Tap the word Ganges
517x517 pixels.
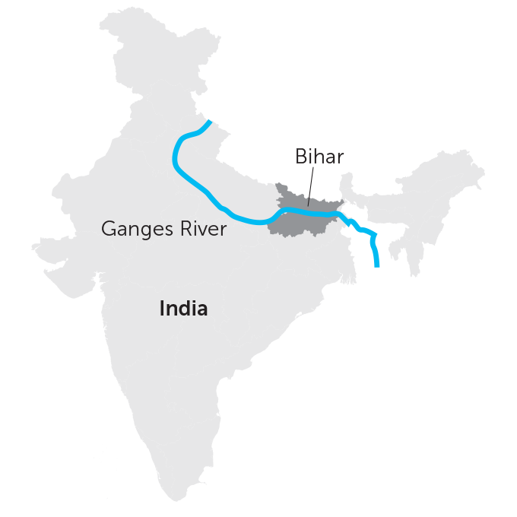(x=135, y=229)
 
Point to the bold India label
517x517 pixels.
(x=183, y=309)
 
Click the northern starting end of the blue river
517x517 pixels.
(x=209, y=122)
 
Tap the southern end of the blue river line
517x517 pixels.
(x=378, y=265)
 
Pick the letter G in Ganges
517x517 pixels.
(x=109, y=229)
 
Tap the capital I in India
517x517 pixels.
(x=162, y=309)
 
